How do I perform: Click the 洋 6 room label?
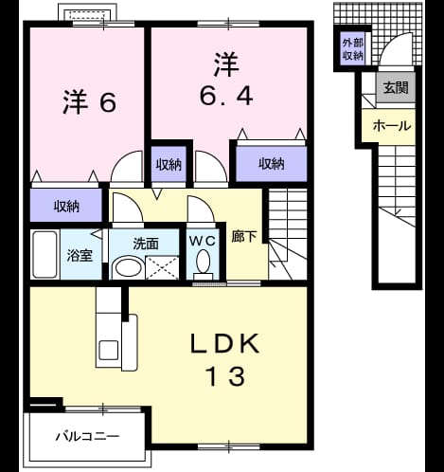pos(90,101)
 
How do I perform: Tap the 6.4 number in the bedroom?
pos(226,96)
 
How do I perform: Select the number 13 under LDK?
pos(225,376)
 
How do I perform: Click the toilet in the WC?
pos(203,264)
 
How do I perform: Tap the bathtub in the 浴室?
pos(44,255)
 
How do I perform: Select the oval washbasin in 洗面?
pos(128,268)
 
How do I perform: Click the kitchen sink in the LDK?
pos(109,350)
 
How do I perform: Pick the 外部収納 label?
pos(353,49)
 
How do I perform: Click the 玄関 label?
pos(396,88)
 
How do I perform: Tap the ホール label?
pos(392,126)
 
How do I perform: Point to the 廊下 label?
pos(243,237)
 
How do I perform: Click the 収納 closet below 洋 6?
pos(66,206)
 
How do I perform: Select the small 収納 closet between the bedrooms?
pos(169,164)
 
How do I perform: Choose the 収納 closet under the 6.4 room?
pos(272,164)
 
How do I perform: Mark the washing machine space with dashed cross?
pos(162,268)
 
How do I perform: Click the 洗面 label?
pos(145,245)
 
